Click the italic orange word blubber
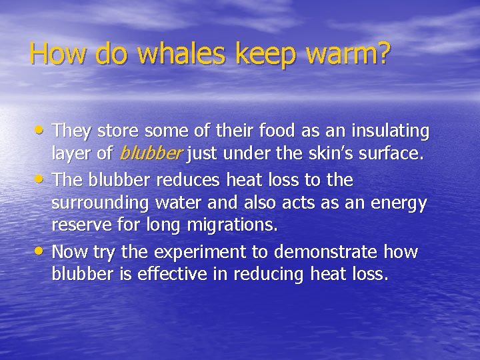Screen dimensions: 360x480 coord(150,155)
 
